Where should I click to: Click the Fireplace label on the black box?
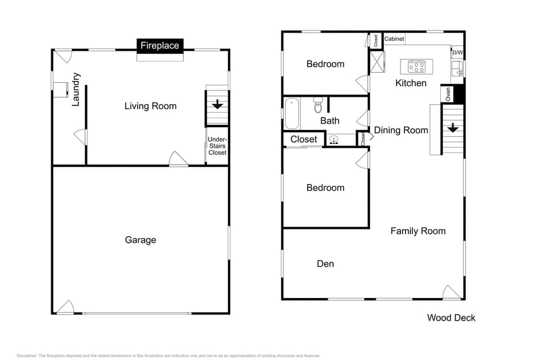(x=160, y=46)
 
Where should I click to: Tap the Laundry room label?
(x=76, y=89)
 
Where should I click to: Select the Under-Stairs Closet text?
(x=217, y=146)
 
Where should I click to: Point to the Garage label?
(x=140, y=240)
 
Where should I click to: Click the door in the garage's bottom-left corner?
(x=66, y=307)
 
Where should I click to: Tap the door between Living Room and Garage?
(x=178, y=159)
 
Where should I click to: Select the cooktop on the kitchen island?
(x=417, y=67)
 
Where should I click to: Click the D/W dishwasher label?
(x=457, y=53)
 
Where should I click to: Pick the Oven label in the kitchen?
(x=448, y=94)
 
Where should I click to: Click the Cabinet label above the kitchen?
(x=394, y=39)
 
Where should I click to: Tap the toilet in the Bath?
(x=318, y=103)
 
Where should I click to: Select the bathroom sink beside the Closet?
(x=334, y=140)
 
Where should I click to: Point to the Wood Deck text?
(x=451, y=318)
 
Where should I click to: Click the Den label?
(x=325, y=264)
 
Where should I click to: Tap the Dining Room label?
(x=401, y=130)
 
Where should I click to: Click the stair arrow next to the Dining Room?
(x=453, y=128)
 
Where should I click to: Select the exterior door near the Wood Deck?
(x=452, y=292)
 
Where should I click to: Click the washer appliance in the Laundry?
(x=60, y=89)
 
